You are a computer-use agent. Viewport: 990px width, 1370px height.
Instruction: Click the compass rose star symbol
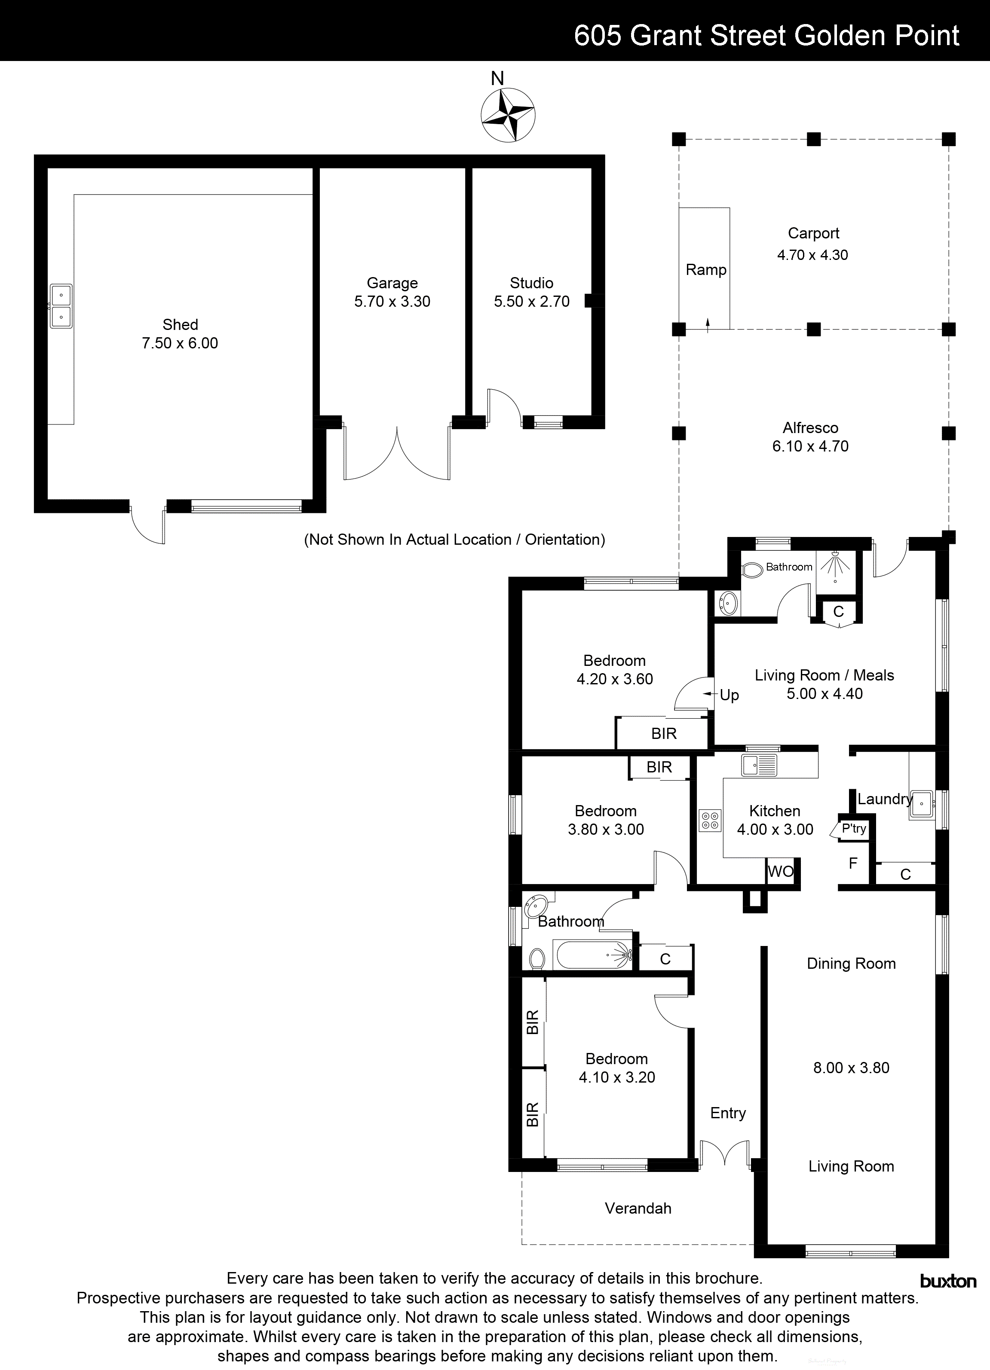[508, 115]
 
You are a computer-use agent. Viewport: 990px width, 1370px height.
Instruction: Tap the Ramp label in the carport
[705, 270]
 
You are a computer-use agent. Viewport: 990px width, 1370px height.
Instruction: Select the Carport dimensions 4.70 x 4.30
[812, 255]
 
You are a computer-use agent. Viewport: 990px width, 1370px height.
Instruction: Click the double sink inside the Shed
[61, 305]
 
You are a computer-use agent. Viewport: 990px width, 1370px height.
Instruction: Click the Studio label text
[531, 283]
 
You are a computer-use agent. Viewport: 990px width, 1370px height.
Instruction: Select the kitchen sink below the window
[760, 766]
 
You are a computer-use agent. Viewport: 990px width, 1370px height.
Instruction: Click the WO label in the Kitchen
[780, 872]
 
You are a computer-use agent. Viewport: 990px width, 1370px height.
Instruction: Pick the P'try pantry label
[853, 829]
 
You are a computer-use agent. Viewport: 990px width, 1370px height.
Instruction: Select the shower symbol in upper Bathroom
[835, 566]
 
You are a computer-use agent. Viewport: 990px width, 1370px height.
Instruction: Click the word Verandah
[638, 1208]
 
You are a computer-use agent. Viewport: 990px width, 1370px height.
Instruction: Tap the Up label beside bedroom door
[729, 695]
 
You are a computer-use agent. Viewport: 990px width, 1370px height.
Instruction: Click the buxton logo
[947, 1281]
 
